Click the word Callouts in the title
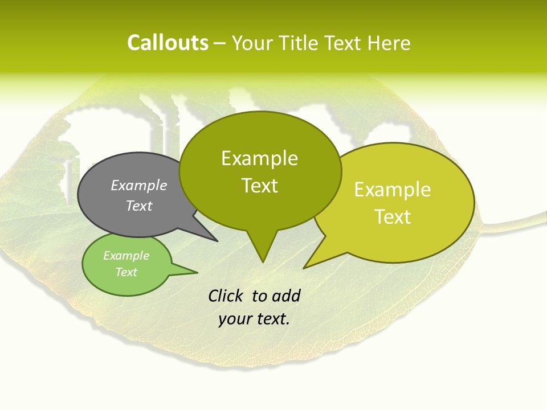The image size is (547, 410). (168, 43)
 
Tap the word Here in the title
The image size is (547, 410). (390, 43)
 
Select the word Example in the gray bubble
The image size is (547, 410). (139, 185)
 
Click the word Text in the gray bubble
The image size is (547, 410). (139, 206)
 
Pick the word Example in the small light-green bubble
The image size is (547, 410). (126, 256)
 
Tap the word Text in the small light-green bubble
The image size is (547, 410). (126, 272)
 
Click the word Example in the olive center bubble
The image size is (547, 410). (259, 158)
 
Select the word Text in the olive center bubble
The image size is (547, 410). (259, 186)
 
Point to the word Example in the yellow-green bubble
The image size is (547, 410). (393, 190)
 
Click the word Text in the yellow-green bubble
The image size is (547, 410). (393, 217)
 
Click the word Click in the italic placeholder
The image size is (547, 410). (226, 296)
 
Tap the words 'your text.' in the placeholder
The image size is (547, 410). (254, 319)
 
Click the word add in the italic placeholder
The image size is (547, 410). (285, 296)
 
